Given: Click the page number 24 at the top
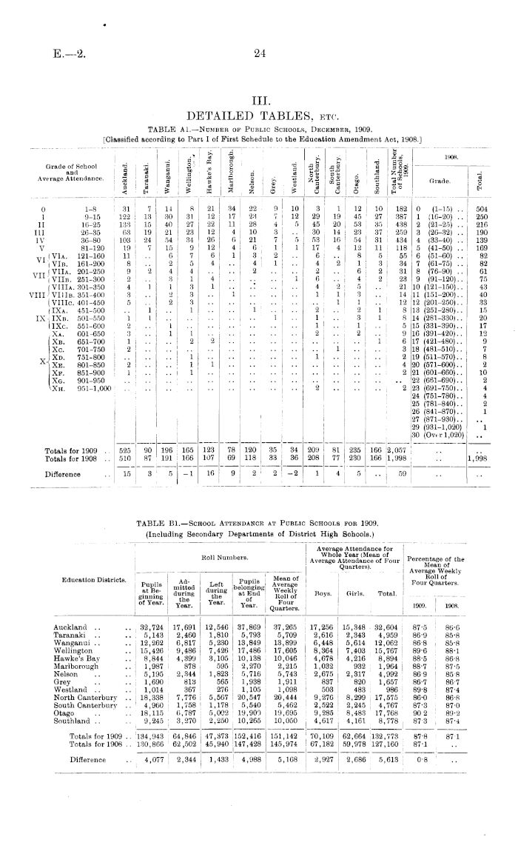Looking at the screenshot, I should pyautogui.click(x=259, y=52).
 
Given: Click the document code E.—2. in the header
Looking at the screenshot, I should pyautogui.click(x=68, y=52).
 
